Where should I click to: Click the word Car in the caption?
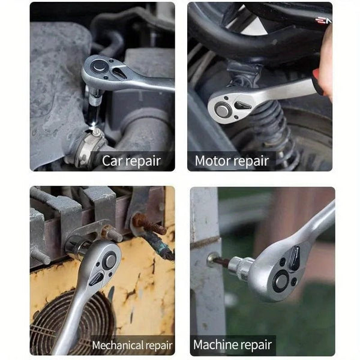pyautogui.click(x=112, y=161)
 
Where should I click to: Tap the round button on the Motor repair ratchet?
pyautogui.click(x=223, y=110)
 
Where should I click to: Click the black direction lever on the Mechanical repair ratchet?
pyautogui.click(x=97, y=279)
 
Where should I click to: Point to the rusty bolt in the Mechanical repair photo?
pyautogui.click(x=149, y=226)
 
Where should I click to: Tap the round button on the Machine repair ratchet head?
pyautogui.click(x=280, y=280)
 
